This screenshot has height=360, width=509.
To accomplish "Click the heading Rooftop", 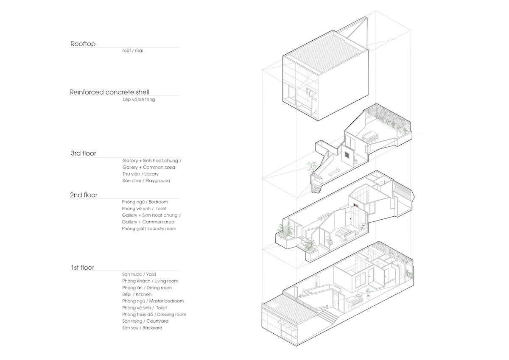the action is (x=83, y=44).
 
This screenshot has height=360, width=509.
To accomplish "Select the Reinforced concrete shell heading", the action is (x=109, y=92).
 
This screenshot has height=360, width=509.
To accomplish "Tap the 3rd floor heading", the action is (x=84, y=153).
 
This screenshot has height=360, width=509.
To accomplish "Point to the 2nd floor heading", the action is (x=84, y=195).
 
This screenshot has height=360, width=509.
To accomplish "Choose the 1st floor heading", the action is (x=82, y=267).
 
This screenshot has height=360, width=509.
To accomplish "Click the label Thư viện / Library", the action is (x=140, y=174).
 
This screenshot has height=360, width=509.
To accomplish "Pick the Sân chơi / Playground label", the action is (x=146, y=181).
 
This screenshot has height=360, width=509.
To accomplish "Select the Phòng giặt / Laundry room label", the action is (x=149, y=229).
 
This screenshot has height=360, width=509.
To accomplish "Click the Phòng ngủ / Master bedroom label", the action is (x=153, y=301).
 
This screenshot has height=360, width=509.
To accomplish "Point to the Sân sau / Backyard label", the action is (x=142, y=328).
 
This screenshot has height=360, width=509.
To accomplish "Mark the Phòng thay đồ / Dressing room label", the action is (x=154, y=315).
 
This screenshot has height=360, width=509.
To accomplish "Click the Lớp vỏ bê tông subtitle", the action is (x=139, y=99).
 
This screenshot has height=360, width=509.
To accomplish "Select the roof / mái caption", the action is (x=133, y=50).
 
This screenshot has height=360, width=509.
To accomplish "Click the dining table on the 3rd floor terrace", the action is (x=370, y=136).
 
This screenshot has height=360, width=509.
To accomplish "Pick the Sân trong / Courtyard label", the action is (x=145, y=321).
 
